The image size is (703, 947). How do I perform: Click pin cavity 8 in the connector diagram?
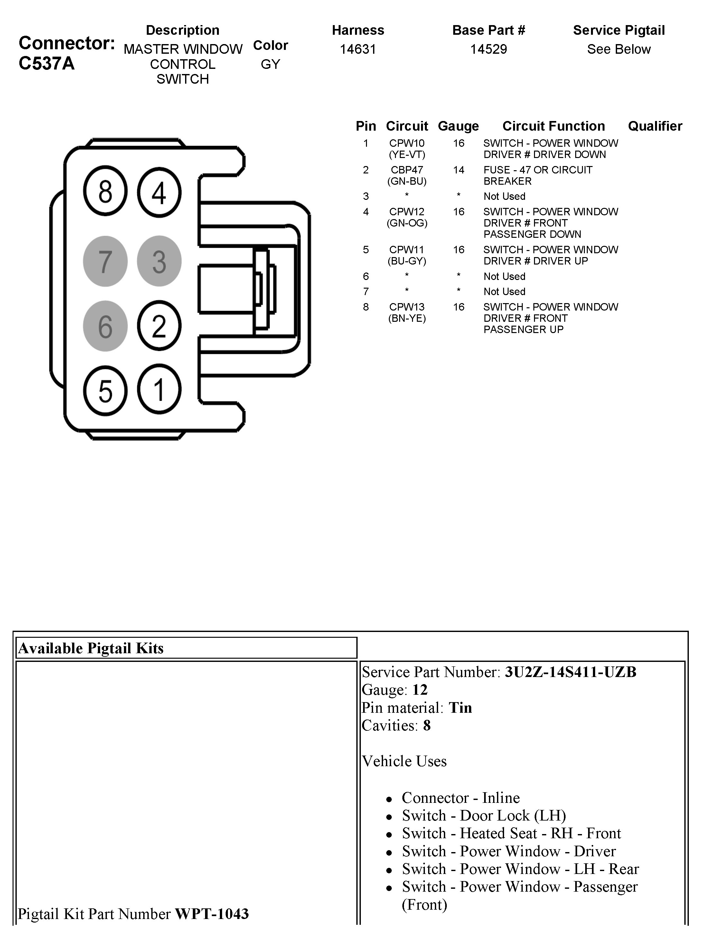(x=105, y=191)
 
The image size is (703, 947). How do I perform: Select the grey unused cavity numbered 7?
(x=105, y=261)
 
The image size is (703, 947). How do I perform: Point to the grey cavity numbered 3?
(x=159, y=261)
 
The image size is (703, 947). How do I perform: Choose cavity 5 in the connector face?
(x=105, y=391)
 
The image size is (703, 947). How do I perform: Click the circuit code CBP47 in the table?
(x=407, y=170)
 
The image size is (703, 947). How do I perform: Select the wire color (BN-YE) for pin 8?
(x=407, y=318)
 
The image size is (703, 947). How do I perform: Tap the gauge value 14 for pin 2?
(x=458, y=170)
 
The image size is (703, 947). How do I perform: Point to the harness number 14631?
(x=358, y=49)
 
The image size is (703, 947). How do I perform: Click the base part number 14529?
(x=489, y=49)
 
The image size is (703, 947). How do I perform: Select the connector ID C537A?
(x=47, y=64)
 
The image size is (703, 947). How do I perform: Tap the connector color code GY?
(x=270, y=64)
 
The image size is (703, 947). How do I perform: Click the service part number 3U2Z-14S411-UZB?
(x=570, y=672)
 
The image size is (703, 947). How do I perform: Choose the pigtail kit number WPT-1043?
(x=211, y=914)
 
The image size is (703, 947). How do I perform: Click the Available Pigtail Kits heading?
(x=91, y=648)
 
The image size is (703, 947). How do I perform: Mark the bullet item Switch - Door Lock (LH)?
(x=484, y=815)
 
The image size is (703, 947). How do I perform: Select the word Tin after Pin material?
(x=460, y=708)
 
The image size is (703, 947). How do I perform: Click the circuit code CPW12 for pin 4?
(x=407, y=212)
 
